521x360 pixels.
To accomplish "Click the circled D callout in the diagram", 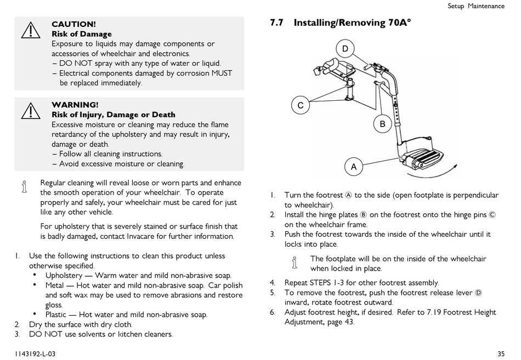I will pyautogui.click(x=345, y=49).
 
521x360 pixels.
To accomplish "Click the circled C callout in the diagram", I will pyautogui.click(x=301, y=105).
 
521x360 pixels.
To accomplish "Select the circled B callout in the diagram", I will pyautogui.click(x=382, y=124).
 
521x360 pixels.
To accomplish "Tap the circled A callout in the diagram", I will pyautogui.click(x=354, y=167).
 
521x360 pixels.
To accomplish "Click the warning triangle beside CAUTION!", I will pyautogui.click(x=30, y=31).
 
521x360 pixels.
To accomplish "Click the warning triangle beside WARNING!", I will pyautogui.click(x=30, y=111).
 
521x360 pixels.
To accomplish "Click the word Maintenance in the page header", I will pyautogui.click(x=486, y=6).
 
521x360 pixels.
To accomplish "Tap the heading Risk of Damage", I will pyautogui.click(x=81, y=34).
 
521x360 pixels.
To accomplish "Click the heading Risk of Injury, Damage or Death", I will pyautogui.click(x=114, y=115).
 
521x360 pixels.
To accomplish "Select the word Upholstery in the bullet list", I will pyautogui.click(x=64, y=276).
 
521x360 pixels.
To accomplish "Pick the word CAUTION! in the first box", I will pyautogui.click(x=73, y=24).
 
